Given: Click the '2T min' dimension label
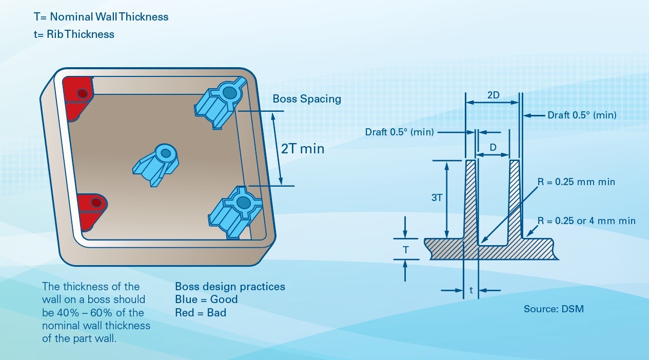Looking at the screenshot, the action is click(303, 149).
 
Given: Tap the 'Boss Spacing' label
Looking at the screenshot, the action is click(307, 99).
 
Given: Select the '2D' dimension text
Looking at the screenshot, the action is click(493, 95).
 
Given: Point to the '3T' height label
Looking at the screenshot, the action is click(437, 197).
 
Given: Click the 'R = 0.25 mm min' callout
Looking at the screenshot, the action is click(576, 182).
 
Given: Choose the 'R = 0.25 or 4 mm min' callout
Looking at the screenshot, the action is click(586, 221).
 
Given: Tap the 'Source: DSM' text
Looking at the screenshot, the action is click(554, 309).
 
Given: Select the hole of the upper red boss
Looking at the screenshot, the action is click(83, 93).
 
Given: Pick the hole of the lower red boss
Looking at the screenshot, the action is click(96, 203).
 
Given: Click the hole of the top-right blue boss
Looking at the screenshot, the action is click(229, 93).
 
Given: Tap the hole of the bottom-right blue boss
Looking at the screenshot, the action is click(243, 203).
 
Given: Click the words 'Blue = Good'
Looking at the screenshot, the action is click(206, 299).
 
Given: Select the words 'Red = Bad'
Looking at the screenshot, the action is click(201, 312).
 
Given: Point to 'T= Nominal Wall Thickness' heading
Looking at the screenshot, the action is click(101, 17).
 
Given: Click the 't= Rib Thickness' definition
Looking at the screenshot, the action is click(74, 34).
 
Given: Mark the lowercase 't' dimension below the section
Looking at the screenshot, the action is click(471, 290).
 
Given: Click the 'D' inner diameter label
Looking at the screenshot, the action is click(493, 147).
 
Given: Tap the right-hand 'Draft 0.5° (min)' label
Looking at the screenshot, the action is click(582, 115).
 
